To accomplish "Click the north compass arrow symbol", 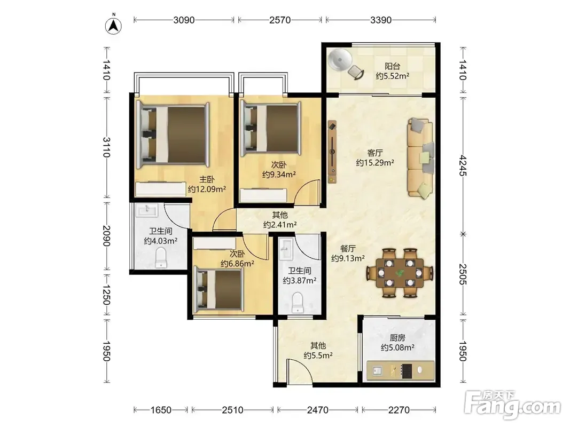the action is (x=113, y=26).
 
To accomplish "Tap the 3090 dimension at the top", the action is (x=184, y=20).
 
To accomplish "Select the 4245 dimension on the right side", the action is (x=463, y=165).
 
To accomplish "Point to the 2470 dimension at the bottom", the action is (x=318, y=410).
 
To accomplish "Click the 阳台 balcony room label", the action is (x=392, y=66).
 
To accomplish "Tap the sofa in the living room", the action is (x=420, y=157).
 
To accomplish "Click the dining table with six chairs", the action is (x=400, y=273).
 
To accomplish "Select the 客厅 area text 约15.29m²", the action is (x=375, y=163).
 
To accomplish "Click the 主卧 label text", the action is (x=207, y=179).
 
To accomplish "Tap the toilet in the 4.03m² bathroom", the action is (x=161, y=257).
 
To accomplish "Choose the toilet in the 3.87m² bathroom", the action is (x=298, y=303).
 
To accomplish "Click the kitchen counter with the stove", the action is (x=401, y=370).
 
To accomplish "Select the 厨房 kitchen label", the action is (x=397, y=338).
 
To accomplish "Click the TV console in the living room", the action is (x=332, y=152).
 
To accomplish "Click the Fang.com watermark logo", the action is (x=513, y=404).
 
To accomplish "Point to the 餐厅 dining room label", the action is (x=348, y=249).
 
